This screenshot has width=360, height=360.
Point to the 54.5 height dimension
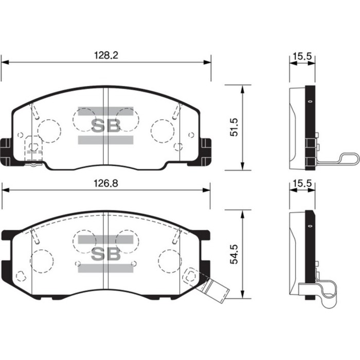[x=234, y=254]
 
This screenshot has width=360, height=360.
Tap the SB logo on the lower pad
[x=106, y=253]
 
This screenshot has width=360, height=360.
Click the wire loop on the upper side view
[x=337, y=159]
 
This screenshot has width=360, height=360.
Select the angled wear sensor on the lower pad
[x=208, y=283]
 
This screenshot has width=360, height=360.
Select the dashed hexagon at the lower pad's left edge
[x=21, y=276]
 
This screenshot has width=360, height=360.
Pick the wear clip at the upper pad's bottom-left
[x=33, y=154]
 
